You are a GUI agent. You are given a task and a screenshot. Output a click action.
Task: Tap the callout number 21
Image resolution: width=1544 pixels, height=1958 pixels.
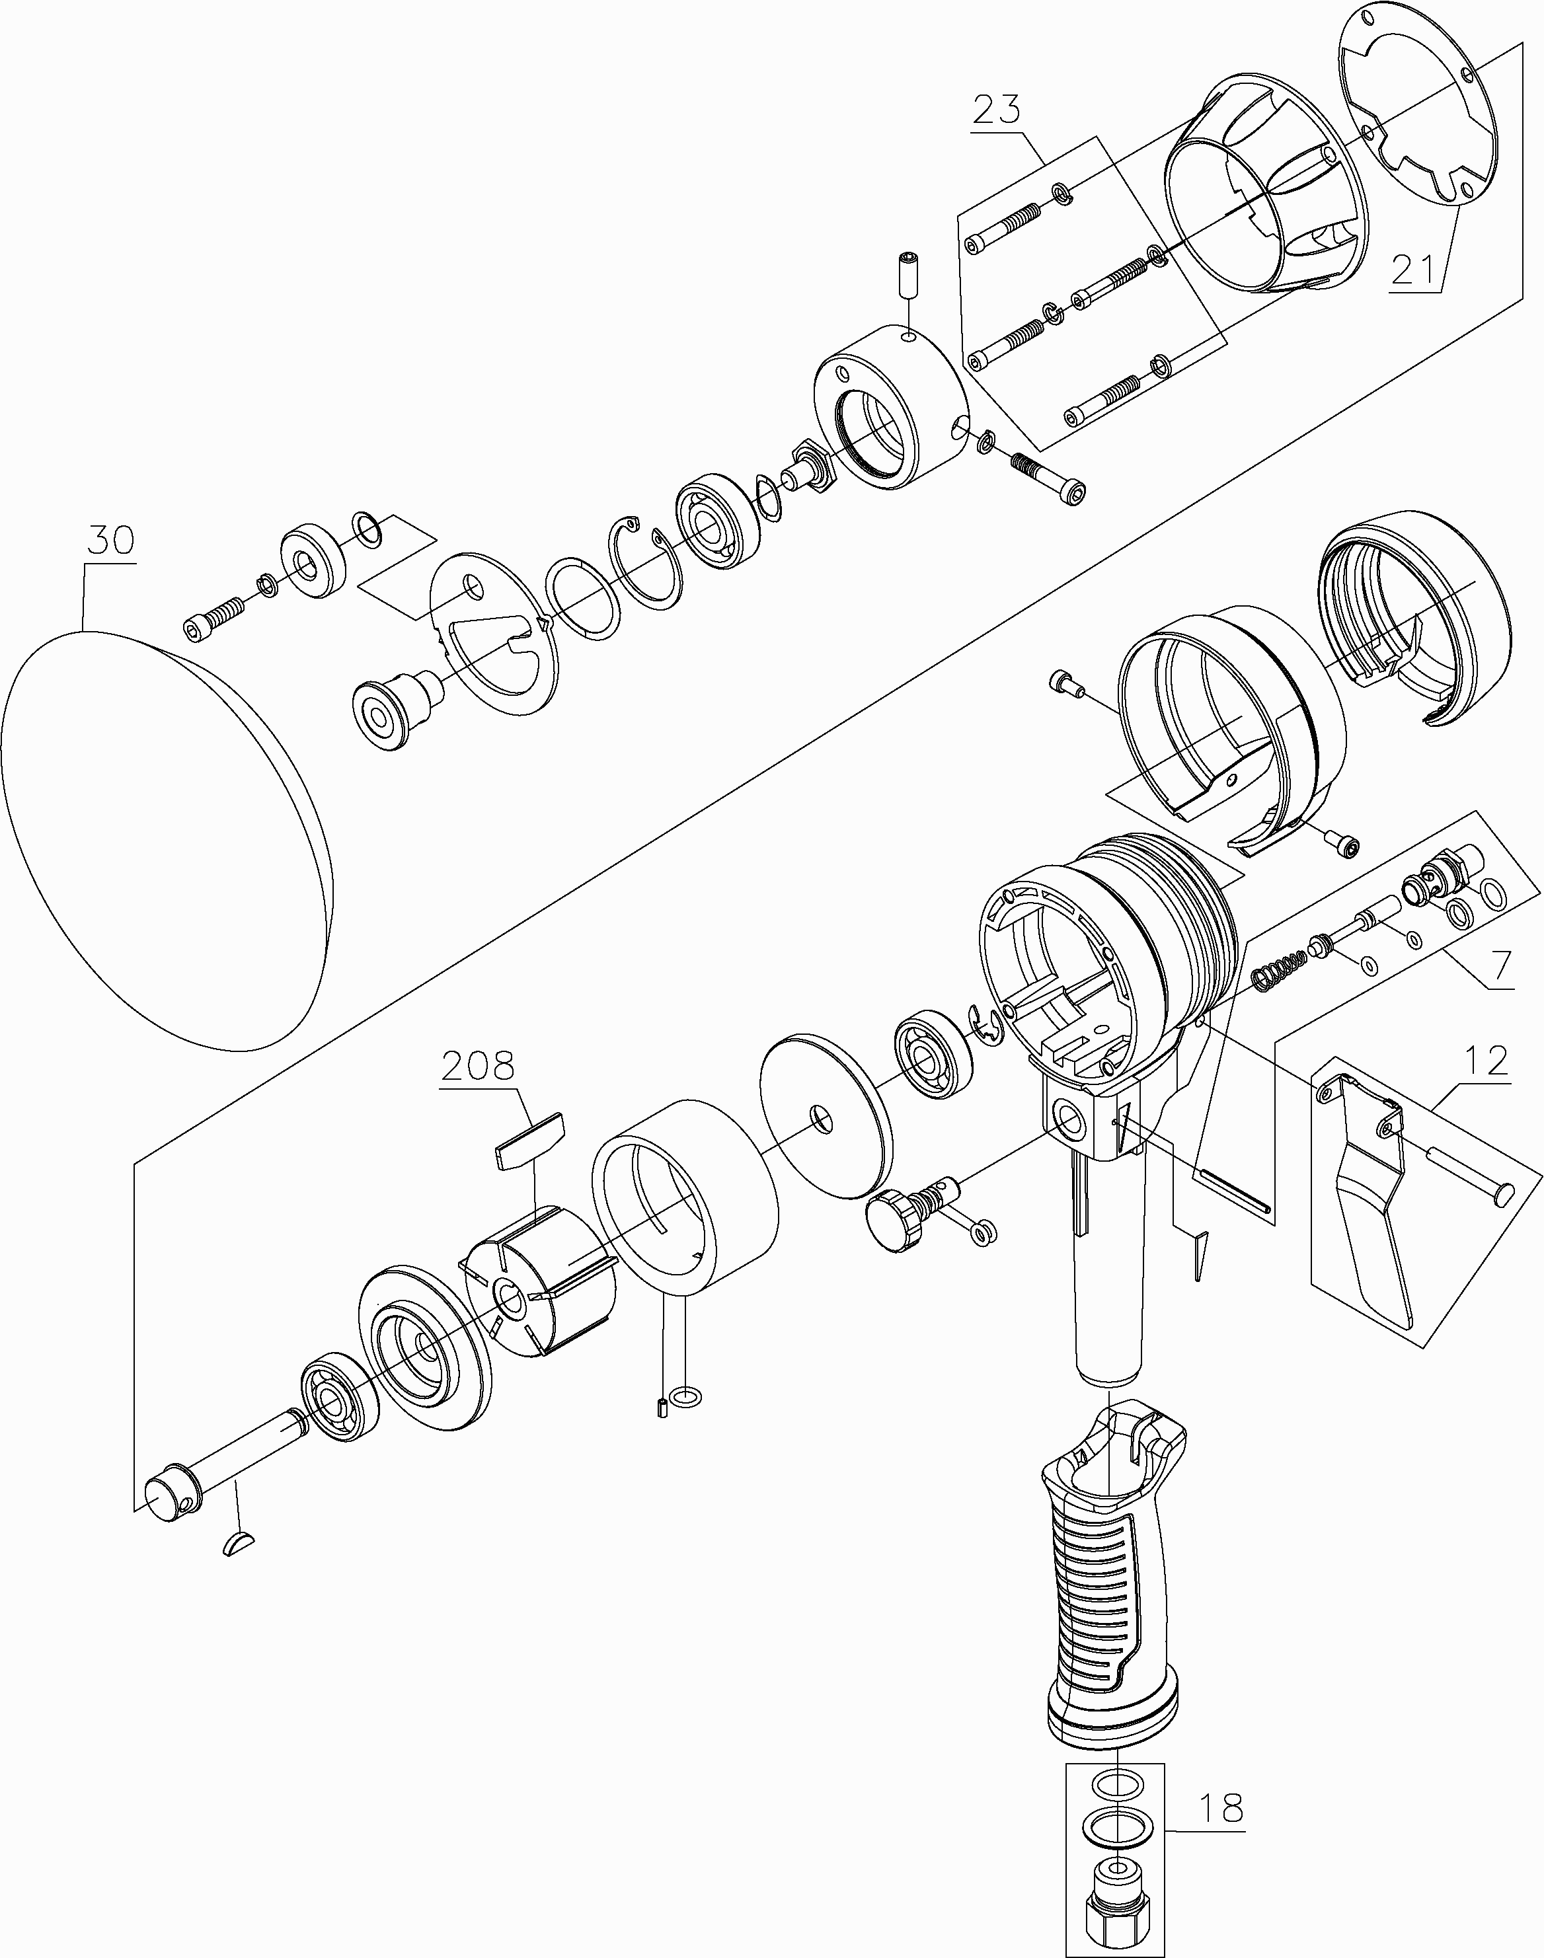coord(1414,270)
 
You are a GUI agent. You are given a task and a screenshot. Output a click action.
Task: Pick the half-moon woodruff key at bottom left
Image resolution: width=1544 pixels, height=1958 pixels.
coord(239,1542)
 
